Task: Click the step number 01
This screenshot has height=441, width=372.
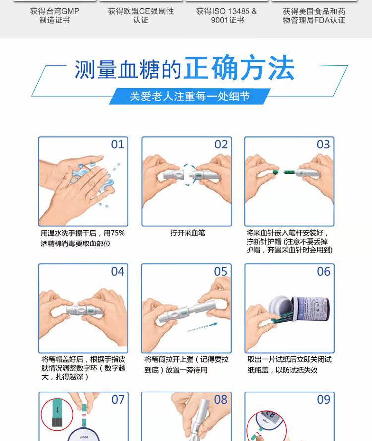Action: [x=117, y=145]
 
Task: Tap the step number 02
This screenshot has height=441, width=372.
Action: [x=221, y=145]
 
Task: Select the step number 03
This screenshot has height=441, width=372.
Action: [x=323, y=145]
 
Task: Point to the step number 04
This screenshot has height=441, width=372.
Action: [x=117, y=272]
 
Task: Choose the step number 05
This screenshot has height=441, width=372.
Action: [x=220, y=272]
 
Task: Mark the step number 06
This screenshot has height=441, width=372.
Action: [x=323, y=272]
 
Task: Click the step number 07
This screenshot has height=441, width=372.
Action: [x=118, y=399]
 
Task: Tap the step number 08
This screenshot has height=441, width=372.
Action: [x=220, y=399]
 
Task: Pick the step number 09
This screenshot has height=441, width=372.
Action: [x=323, y=399]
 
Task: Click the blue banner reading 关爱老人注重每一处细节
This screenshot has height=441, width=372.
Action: [x=189, y=97]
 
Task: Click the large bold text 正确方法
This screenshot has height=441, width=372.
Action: [x=239, y=68]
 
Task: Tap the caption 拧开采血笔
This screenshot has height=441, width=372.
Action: [x=187, y=233]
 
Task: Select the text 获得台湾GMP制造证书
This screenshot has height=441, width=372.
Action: [x=55, y=16]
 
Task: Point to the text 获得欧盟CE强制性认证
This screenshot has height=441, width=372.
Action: [x=141, y=16]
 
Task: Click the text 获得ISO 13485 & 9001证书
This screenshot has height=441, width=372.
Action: [x=227, y=16]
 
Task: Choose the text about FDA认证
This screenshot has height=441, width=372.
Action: [x=314, y=16]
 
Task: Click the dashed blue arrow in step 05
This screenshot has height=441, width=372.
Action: [x=202, y=327]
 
